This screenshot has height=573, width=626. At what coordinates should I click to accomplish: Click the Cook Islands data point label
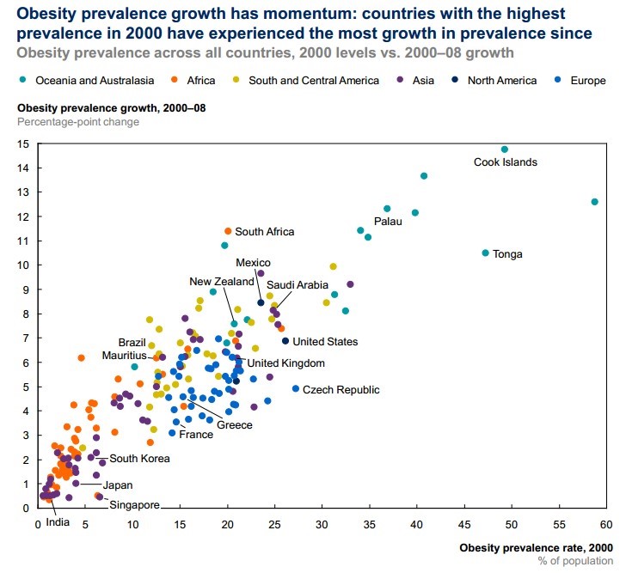coord(506,162)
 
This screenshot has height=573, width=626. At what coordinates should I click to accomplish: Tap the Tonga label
coord(508,254)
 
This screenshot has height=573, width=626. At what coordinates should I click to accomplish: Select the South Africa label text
coord(264,232)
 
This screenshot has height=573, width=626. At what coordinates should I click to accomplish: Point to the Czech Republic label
coord(341,390)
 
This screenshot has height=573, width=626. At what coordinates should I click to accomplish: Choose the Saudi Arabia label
coord(298,285)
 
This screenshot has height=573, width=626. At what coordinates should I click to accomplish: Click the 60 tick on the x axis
coord(605,523)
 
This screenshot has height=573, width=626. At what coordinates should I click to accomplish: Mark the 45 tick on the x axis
coord(463,523)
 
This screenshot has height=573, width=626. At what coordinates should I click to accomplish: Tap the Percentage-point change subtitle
coord(78,121)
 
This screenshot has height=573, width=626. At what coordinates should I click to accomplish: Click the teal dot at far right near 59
coord(594,202)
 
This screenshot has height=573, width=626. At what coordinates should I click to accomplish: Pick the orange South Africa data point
coord(228,231)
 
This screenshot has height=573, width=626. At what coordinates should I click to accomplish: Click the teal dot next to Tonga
coord(486,253)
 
